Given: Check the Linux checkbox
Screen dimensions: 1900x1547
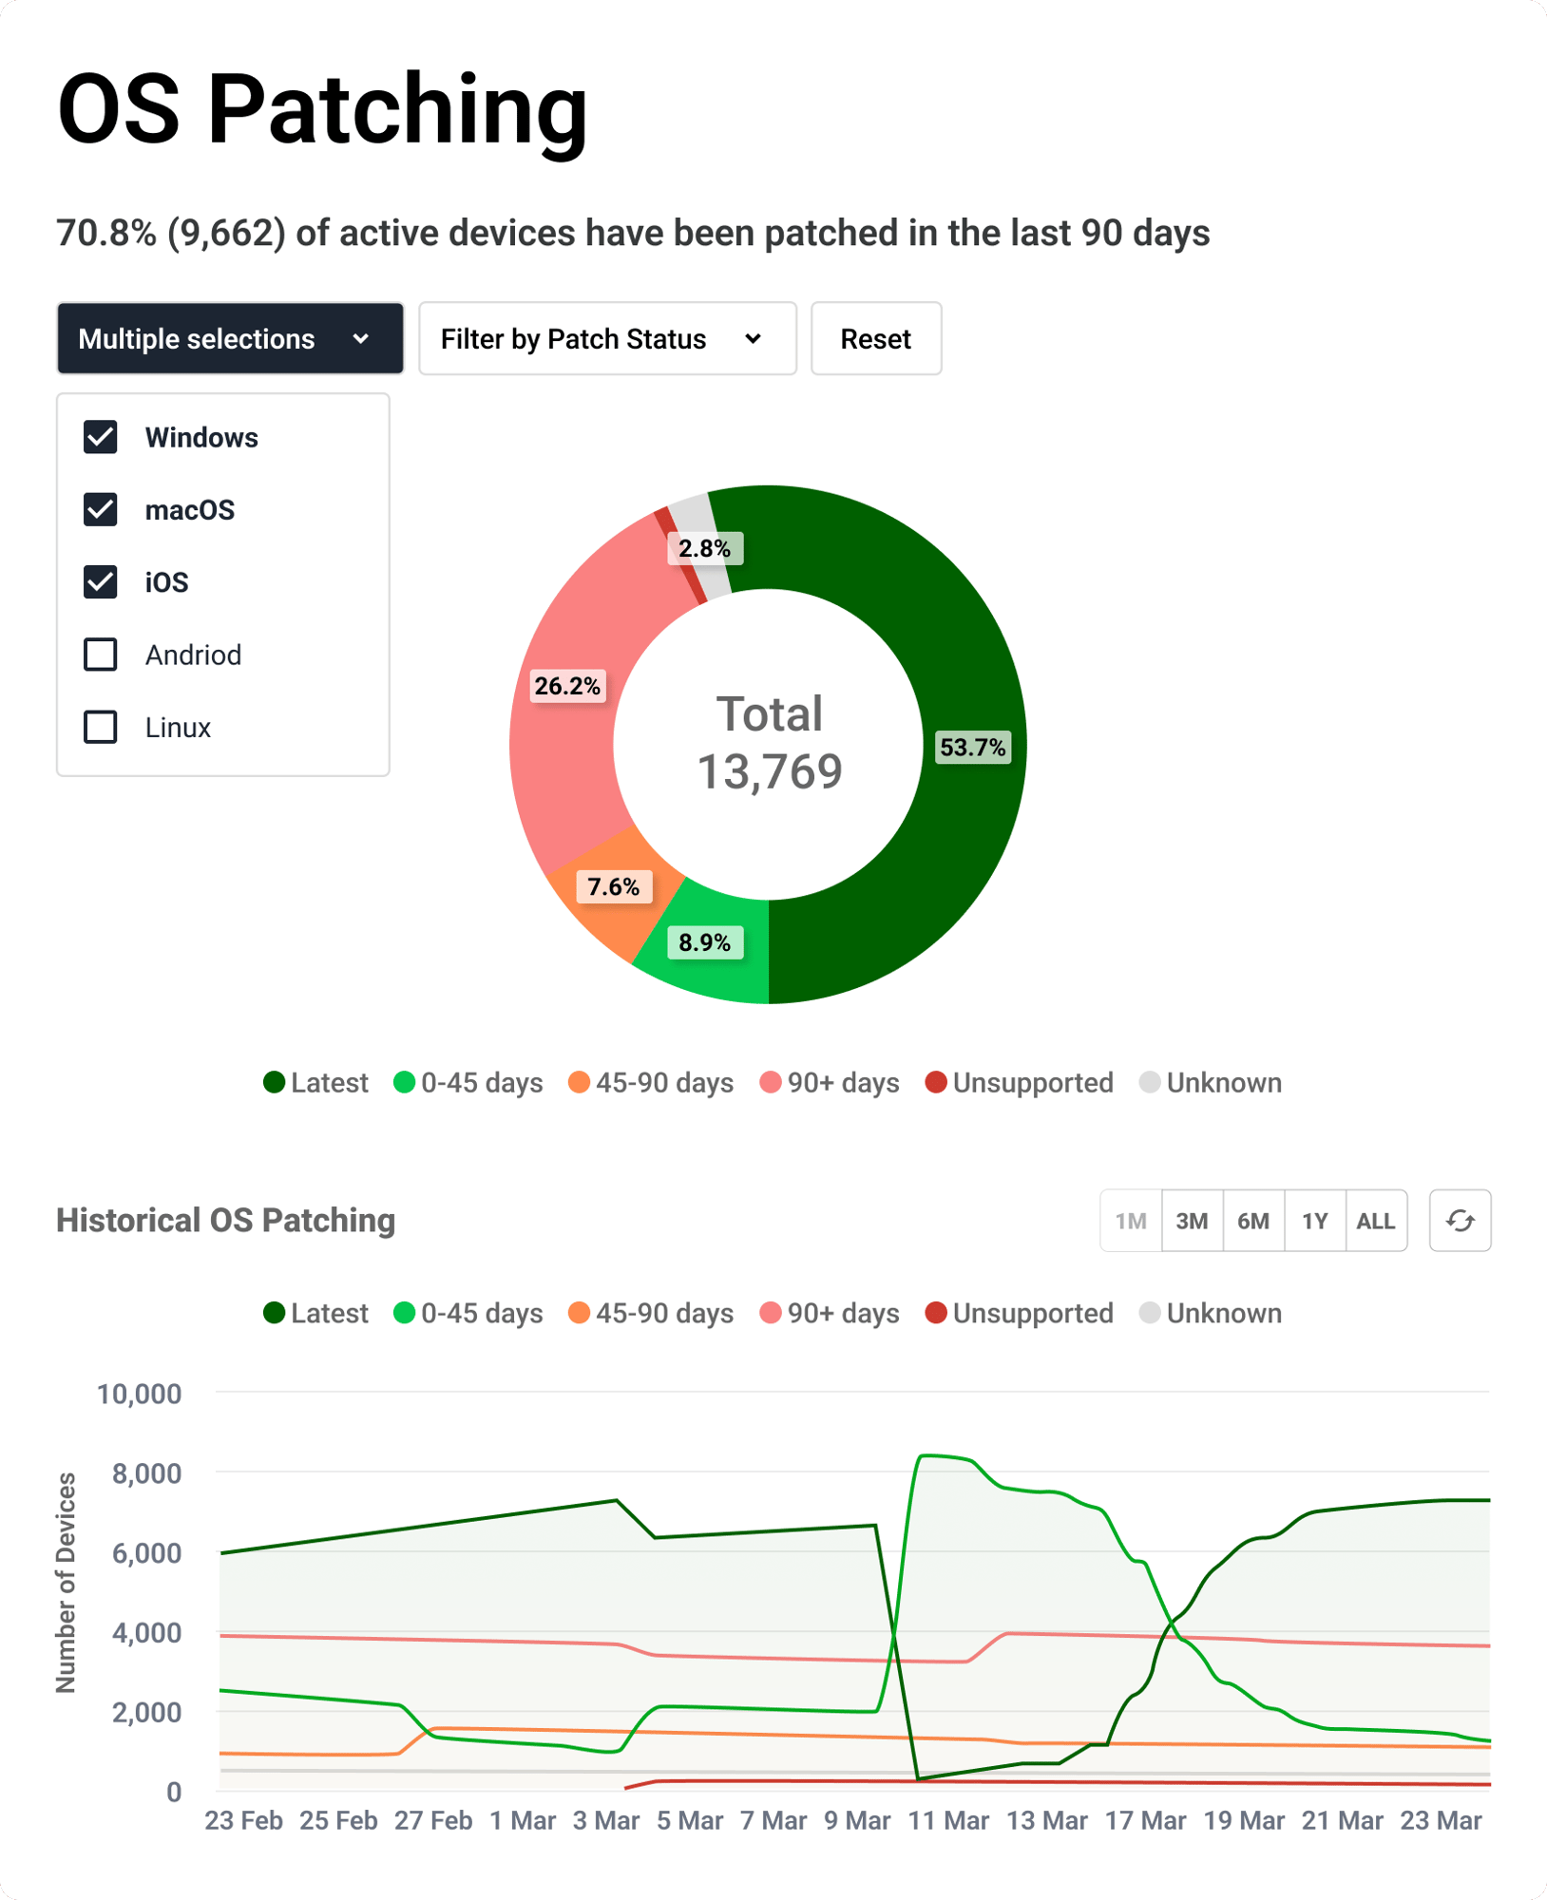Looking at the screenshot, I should click(x=101, y=728).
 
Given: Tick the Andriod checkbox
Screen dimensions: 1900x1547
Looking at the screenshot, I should click(x=101, y=655).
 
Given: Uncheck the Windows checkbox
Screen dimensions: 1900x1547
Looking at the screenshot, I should click(x=101, y=438).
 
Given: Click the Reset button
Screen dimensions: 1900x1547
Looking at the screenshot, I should click(x=875, y=339).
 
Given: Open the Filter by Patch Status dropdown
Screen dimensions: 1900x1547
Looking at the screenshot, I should click(x=607, y=339).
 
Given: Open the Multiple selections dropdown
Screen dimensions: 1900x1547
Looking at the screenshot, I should click(x=230, y=339).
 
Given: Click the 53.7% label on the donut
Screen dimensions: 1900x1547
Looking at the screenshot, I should click(x=972, y=748).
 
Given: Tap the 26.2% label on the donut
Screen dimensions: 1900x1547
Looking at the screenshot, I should click(x=567, y=686).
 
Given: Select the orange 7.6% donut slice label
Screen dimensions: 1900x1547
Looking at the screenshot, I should click(x=613, y=887).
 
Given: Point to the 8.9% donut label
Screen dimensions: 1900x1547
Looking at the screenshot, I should click(x=704, y=943).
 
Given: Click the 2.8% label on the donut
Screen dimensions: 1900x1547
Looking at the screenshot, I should click(x=704, y=549).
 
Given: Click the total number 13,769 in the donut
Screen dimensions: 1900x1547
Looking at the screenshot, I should click(x=770, y=771).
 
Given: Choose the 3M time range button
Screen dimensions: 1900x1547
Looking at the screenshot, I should click(x=1192, y=1221).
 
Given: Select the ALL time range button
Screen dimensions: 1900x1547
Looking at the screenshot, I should click(x=1375, y=1221).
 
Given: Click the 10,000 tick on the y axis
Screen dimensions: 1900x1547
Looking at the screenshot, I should click(x=140, y=1394).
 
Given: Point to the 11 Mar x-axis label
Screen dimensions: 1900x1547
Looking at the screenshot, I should click(x=948, y=1820).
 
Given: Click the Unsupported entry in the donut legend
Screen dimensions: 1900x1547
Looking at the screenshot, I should click(x=1020, y=1083).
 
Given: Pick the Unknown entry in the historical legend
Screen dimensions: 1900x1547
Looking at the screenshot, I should click(x=1212, y=1314).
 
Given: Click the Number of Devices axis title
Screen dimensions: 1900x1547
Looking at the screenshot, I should click(x=66, y=1583).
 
